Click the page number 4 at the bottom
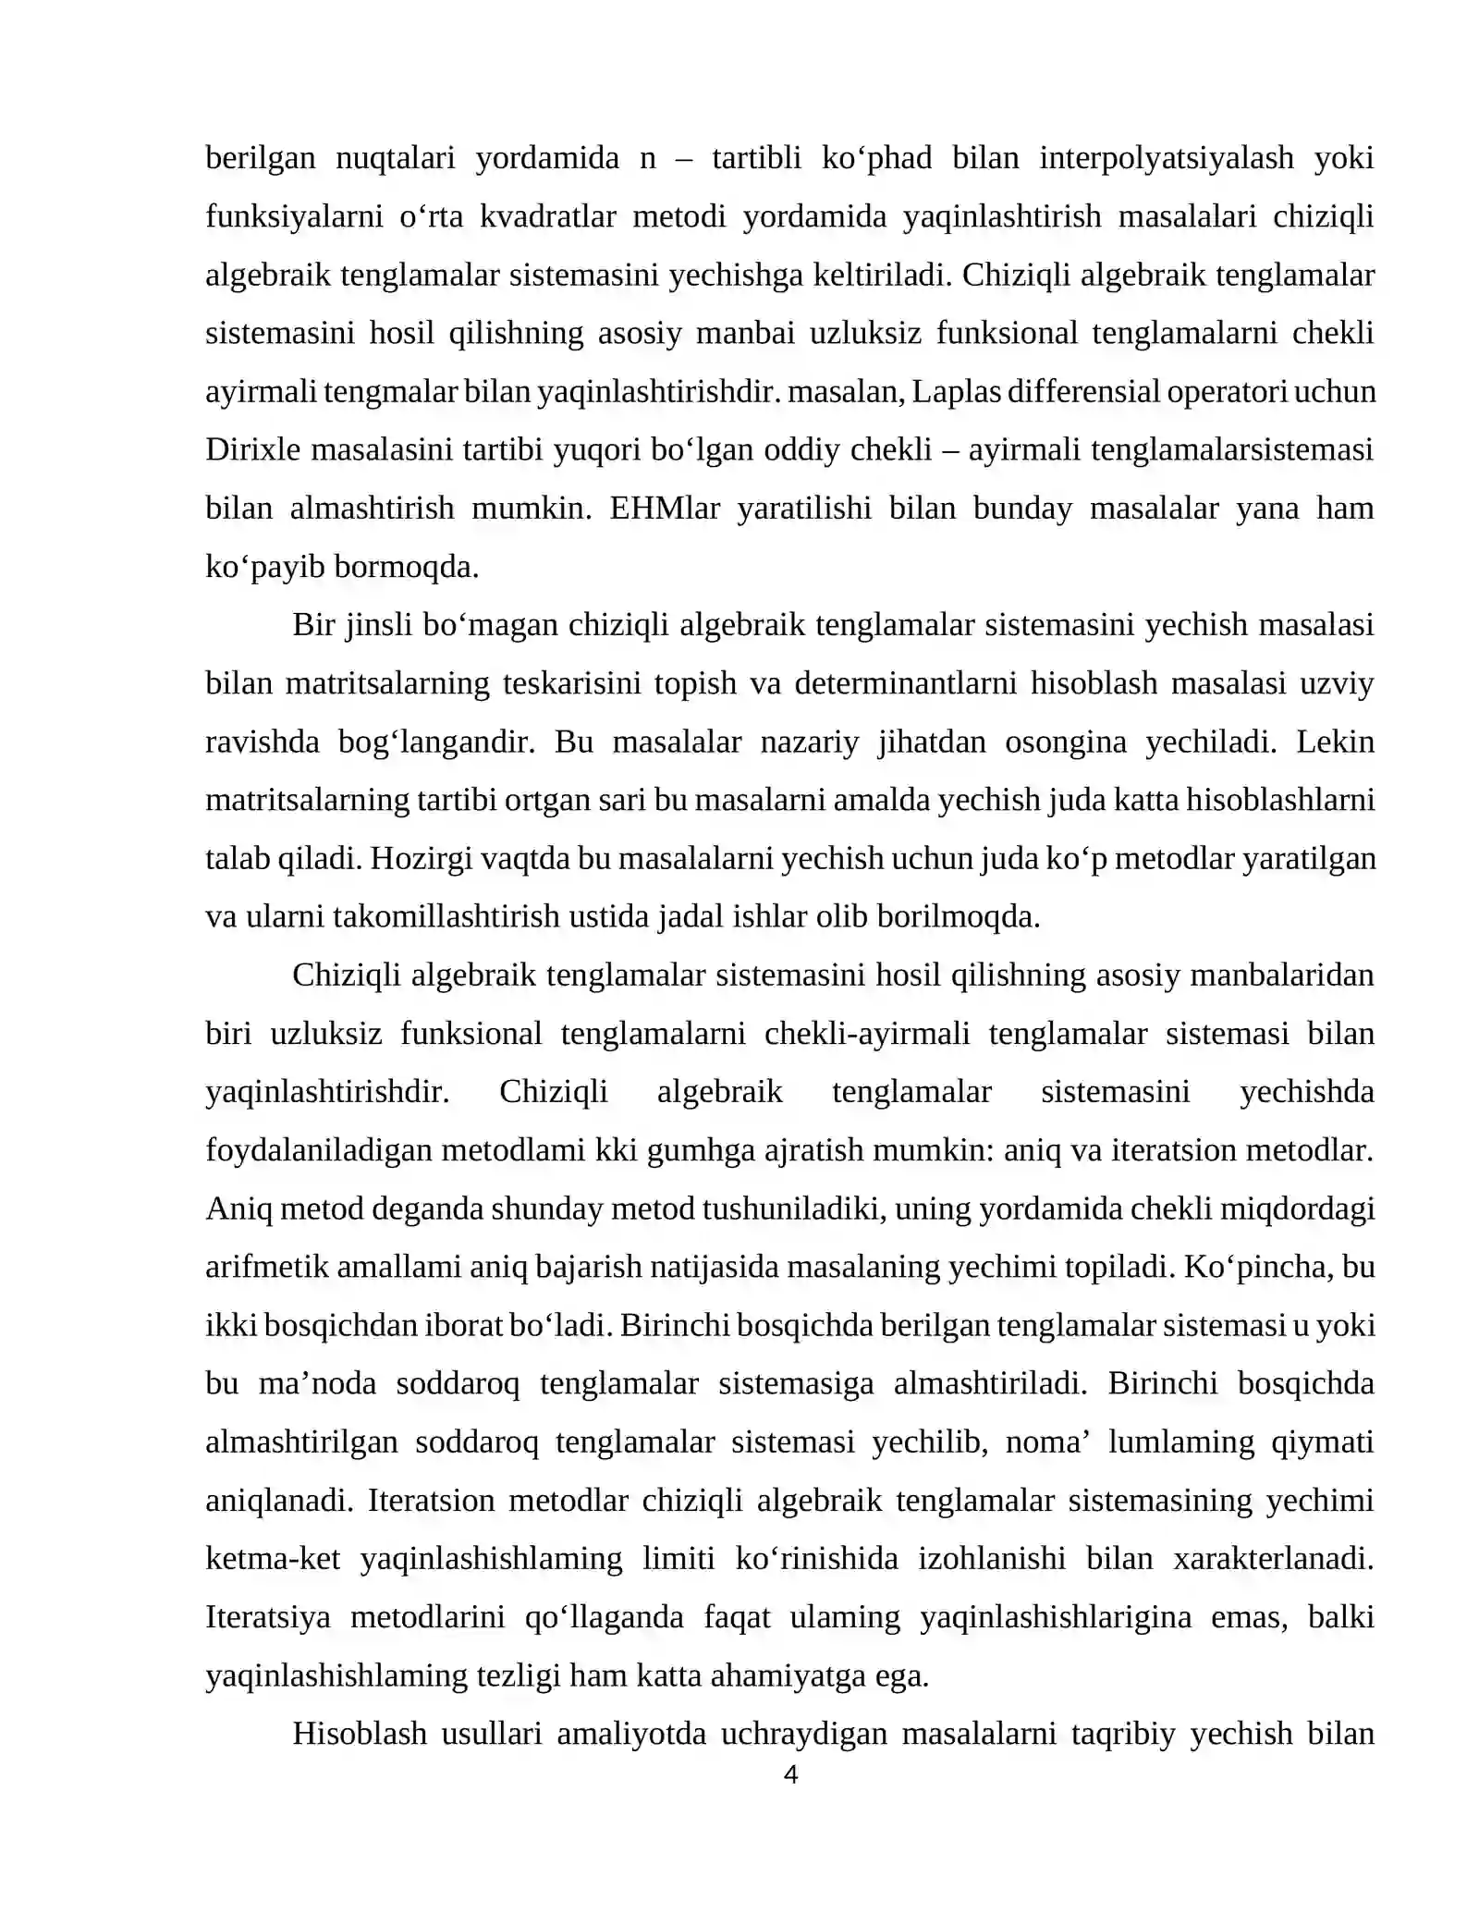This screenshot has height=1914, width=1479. tap(790, 1775)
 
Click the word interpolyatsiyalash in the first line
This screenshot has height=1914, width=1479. tap(1167, 158)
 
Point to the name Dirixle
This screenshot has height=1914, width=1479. tap(252, 450)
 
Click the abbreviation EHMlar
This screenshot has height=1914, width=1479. tap(665, 509)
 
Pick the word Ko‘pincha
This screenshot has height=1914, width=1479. tap(1258, 1267)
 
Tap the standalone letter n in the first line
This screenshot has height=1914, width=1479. tap(648, 160)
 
